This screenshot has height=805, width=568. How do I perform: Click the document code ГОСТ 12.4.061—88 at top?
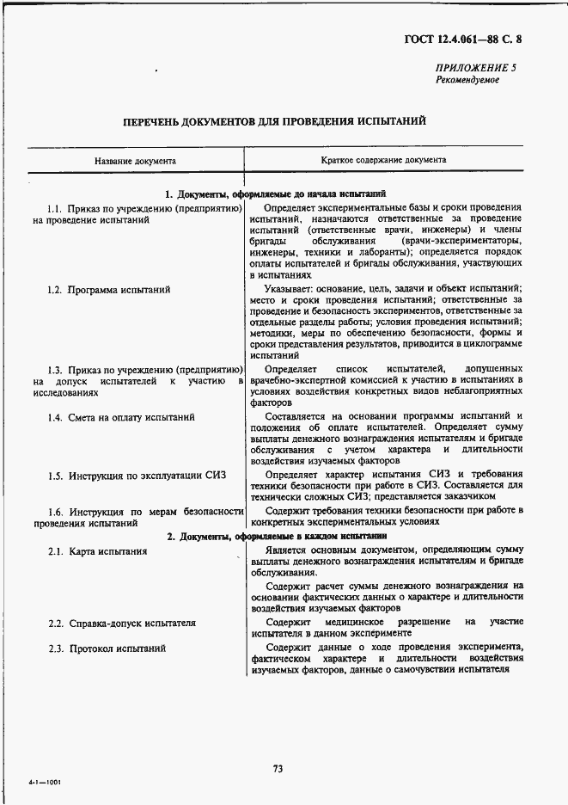pos(465,39)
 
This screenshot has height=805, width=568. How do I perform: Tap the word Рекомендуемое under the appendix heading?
pos(467,79)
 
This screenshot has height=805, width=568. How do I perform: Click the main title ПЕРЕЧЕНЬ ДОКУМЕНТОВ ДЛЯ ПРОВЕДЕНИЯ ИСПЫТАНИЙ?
pos(274,121)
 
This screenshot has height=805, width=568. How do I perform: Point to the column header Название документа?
pos(136,161)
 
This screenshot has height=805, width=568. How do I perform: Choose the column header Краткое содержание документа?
pos(383,161)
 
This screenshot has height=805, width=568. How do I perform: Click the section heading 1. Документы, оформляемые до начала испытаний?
pos(275,194)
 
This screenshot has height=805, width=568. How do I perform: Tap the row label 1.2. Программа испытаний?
pos(108,290)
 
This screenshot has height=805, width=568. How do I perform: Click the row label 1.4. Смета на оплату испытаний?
pos(121,417)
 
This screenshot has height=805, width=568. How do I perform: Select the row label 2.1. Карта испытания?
pos(97,551)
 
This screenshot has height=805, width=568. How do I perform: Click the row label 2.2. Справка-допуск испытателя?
pos(121,622)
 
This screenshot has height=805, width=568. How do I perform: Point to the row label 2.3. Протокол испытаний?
pos(107,648)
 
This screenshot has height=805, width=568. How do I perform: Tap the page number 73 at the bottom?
pos(278,768)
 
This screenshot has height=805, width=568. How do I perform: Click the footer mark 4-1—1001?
pos(46,784)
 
